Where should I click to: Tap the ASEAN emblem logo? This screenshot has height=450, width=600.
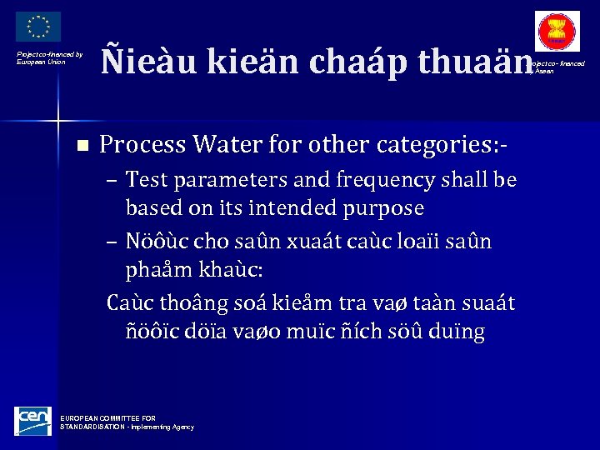pos(557,32)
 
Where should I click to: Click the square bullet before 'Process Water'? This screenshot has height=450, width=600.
pos(81,146)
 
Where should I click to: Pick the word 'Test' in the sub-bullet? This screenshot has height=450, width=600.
pos(147,180)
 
